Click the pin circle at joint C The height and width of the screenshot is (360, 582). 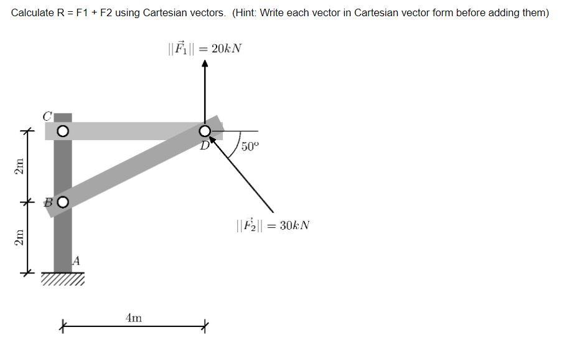(x=62, y=131)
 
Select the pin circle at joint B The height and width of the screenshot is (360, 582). (x=62, y=201)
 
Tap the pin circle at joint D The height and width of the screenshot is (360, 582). (x=205, y=131)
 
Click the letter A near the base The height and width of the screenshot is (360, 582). (x=76, y=260)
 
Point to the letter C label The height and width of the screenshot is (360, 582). (x=47, y=116)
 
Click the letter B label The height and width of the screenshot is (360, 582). (x=48, y=202)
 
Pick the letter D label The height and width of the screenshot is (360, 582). (x=204, y=146)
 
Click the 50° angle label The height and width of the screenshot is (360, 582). (x=249, y=147)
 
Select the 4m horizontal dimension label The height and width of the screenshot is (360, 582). (x=133, y=318)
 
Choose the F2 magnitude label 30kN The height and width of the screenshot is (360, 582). (x=273, y=225)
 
